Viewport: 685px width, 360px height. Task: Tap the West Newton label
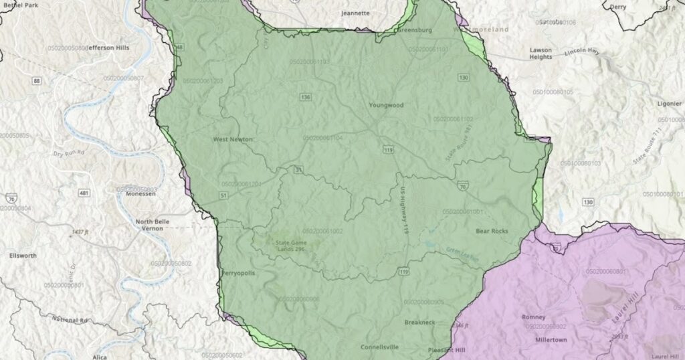233,139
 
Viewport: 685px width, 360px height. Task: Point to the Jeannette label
355,13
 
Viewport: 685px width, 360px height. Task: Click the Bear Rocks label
492,231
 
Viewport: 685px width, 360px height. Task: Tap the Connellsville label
379,347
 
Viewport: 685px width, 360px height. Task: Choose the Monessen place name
140,193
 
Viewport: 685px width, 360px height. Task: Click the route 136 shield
306,97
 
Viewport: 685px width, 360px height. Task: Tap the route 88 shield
36,81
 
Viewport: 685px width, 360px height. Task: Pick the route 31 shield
299,169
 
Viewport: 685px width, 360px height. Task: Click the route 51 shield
223,195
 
